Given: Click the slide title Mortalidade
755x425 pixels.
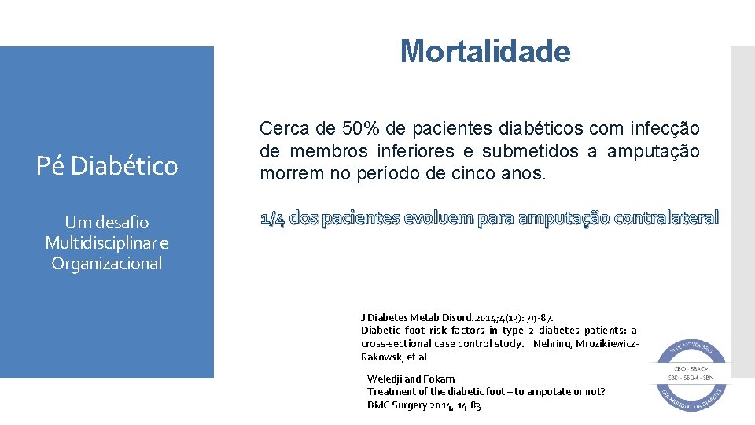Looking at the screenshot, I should click(x=484, y=52).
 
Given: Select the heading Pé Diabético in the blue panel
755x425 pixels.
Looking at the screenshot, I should click(x=107, y=166).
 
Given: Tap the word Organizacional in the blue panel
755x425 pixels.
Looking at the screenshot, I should click(x=107, y=264).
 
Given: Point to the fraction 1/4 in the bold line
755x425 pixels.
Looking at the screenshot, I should click(x=272, y=219).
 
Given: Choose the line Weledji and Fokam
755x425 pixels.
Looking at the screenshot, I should click(x=411, y=379).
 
